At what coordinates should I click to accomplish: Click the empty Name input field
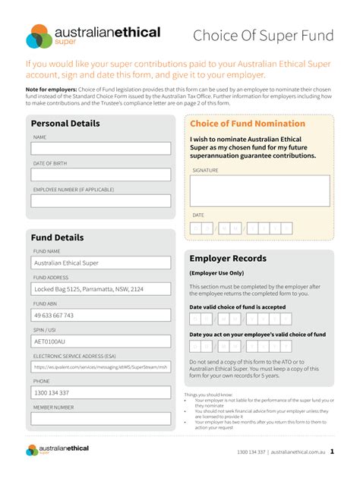point(101,148)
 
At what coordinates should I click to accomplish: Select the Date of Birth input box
point(101,174)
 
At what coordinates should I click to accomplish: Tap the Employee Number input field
point(101,200)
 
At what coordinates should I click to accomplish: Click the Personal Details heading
point(65,124)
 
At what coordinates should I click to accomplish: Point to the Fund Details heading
point(57,237)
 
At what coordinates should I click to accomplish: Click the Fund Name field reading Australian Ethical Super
point(101,263)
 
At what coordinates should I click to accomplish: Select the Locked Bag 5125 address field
point(101,289)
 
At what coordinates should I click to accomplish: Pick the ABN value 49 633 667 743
point(101,315)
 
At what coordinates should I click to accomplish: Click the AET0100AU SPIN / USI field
point(101,341)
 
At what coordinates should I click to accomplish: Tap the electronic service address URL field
point(101,367)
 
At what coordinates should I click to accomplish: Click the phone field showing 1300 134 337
point(101,393)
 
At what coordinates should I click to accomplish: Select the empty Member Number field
point(101,419)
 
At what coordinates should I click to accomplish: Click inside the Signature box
point(260,190)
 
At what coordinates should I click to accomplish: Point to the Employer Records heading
point(228,259)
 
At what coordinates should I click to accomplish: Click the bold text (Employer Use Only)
point(216,273)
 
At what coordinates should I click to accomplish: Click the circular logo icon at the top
point(39,36)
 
